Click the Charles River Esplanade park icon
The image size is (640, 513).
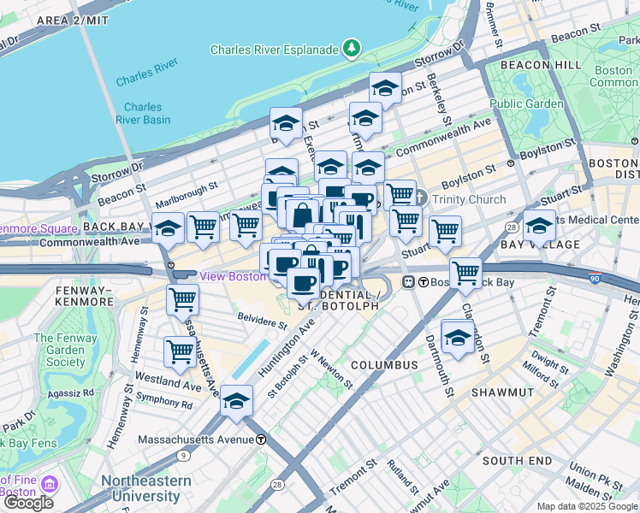coord(352,49)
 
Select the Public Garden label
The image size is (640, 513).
coord(526,104)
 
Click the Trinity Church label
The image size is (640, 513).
coord(469,200)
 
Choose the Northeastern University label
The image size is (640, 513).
coord(146,488)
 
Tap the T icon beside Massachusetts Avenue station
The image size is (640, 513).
coord(261,439)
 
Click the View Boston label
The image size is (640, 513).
coord(233,276)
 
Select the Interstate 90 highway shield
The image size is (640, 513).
coord(595,278)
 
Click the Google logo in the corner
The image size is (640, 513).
coord(28,503)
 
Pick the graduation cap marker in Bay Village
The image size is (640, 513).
coord(539,227)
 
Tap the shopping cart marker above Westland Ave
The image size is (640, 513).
coord(180,351)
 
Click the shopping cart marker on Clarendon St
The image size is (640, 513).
coord(465,274)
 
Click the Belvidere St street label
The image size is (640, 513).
coord(262,324)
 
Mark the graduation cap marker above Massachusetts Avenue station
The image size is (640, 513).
coord(235,401)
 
